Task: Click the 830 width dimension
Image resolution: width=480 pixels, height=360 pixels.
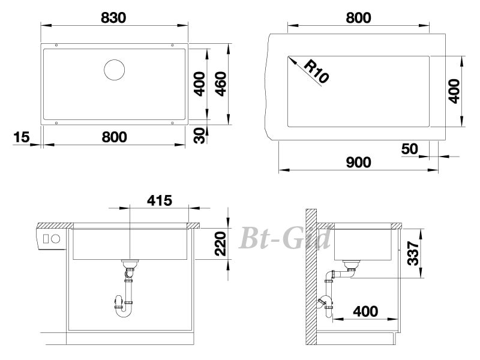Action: pos(113,18)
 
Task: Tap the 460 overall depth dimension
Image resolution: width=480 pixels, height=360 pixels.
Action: pos(221,84)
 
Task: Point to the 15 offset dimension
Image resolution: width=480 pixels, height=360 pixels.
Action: pos(22,137)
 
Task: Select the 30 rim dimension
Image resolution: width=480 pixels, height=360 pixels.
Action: pos(200,136)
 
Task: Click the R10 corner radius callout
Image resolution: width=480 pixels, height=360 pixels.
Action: pos(316,71)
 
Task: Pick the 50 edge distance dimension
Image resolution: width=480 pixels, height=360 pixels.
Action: pos(409,149)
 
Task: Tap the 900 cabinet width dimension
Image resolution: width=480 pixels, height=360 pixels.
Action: pos(358,162)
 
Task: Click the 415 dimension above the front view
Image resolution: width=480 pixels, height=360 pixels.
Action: pos(160,200)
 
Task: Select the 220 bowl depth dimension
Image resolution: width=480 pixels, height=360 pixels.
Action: pos(220,244)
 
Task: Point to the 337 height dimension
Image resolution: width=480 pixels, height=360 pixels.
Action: pos(413,253)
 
